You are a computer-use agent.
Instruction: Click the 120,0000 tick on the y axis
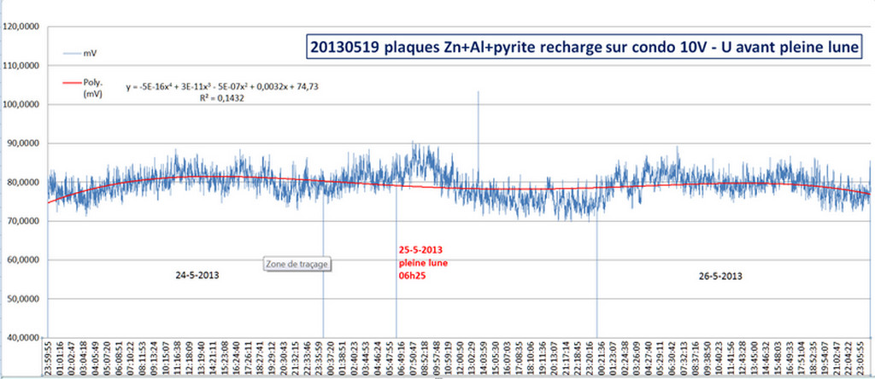(23, 26)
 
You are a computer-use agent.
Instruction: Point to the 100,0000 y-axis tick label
(23, 104)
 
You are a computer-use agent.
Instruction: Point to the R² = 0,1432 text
(217, 98)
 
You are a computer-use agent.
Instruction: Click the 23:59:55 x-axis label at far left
(50, 359)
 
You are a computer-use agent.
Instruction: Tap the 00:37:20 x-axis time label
(332, 359)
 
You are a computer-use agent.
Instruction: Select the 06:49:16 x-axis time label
(402, 359)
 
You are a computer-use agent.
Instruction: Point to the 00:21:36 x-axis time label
(602, 359)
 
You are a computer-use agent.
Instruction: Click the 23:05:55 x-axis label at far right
(867, 359)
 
